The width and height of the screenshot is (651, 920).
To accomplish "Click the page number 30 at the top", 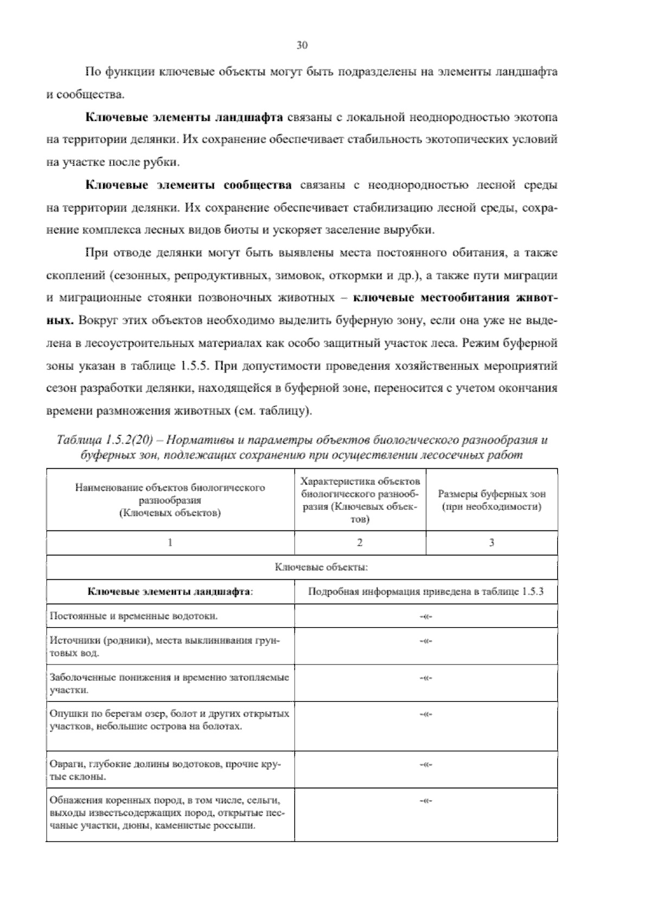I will pyautogui.click(x=302, y=46).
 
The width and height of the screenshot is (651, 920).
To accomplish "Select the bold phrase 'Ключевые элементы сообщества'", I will pyautogui.click(x=189, y=186).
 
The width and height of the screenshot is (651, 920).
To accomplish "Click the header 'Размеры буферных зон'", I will pyautogui.click(x=492, y=494).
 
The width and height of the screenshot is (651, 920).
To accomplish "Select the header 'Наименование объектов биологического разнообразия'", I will pyautogui.click(x=170, y=494).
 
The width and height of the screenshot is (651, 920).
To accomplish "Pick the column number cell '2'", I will pyautogui.click(x=360, y=542).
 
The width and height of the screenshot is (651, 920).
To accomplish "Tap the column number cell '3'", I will pyautogui.click(x=492, y=542).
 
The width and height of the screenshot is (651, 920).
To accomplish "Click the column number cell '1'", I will pyautogui.click(x=170, y=542).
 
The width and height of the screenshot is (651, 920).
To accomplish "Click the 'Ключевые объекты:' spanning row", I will pyautogui.click(x=322, y=567).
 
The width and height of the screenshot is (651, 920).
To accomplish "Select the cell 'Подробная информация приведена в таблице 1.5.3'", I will pyautogui.click(x=425, y=592).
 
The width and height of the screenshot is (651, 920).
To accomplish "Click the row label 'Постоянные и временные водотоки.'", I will pyautogui.click(x=134, y=616).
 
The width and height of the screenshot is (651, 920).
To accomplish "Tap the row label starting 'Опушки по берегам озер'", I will pyautogui.click(x=169, y=719).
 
